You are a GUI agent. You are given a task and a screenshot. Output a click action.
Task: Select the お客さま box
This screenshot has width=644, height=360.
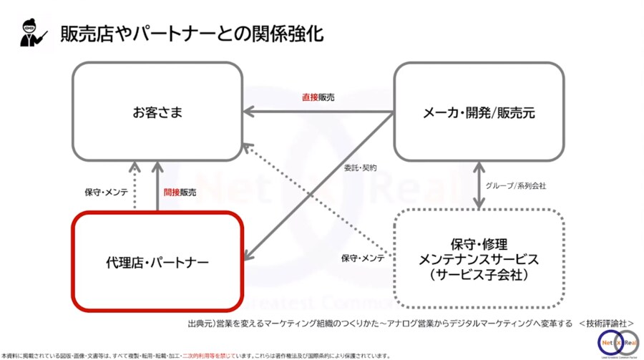[x=157, y=112]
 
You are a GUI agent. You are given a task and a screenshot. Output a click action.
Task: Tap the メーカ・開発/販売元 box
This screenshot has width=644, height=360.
[x=479, y=112]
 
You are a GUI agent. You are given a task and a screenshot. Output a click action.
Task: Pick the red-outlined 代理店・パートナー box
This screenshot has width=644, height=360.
[x=157, y=261]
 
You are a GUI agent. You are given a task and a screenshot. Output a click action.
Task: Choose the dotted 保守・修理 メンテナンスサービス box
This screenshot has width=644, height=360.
[x=479, y=258]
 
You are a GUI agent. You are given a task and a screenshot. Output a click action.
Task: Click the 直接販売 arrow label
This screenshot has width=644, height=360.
[x=318, y=97]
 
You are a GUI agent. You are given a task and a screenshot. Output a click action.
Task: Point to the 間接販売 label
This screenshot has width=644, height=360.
[x=180, y=193]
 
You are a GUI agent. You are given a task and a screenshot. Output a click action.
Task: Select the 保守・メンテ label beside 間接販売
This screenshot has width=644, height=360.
[x=105, y=193]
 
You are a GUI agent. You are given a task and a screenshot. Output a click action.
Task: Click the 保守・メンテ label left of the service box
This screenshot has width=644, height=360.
[x=363, y=258]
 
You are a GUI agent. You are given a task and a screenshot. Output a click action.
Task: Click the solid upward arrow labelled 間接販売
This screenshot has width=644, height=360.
[x=157, y=187]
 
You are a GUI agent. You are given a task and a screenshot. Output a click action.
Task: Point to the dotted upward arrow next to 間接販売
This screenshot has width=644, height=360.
[x=134, y=187]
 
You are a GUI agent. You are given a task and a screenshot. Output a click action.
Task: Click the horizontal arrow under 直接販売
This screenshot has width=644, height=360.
[x=318, y=112]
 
